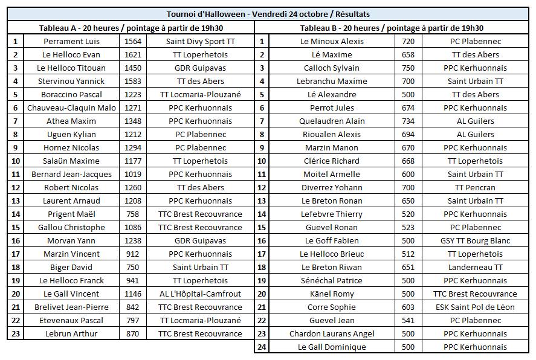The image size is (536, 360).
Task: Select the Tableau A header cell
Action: point(131,28)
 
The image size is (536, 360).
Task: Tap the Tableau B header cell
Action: point(392,28)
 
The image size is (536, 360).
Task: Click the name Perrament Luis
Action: point(72,41)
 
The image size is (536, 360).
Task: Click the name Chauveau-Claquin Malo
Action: point(72,108)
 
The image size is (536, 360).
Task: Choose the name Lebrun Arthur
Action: point(72,333)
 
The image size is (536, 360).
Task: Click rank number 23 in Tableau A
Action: point(16,333)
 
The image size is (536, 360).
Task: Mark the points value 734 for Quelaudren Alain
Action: point(408,121)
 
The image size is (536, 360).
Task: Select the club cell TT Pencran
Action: point(475,187)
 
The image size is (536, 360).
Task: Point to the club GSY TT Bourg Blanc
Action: point(475,240)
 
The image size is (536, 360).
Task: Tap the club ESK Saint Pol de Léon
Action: point(475,307)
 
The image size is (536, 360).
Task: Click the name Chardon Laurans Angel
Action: point(332,333)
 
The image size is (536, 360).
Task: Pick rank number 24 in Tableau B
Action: point(262,347)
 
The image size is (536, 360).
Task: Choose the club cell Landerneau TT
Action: point(475,267)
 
